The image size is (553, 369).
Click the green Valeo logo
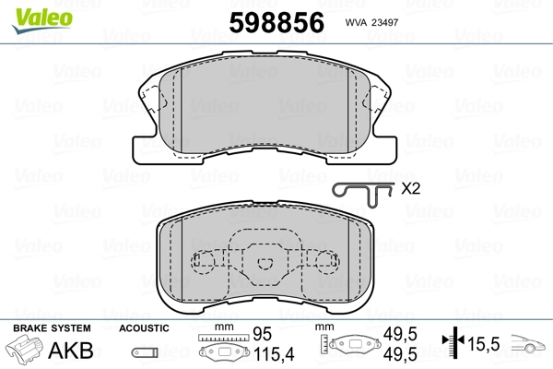[x=42, y=19]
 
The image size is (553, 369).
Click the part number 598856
[x=276, y=22]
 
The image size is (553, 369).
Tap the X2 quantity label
[x=410, y=188]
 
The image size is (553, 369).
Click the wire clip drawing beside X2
[x=362, y=194]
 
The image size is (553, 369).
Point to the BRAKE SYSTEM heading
[x=52, y=328]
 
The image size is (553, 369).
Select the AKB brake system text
[x=71, y=351]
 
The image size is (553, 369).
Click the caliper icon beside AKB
[x=24, y=350]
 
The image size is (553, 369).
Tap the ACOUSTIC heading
[x=144, y=328]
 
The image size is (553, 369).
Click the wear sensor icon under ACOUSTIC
[x=145, y=352]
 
